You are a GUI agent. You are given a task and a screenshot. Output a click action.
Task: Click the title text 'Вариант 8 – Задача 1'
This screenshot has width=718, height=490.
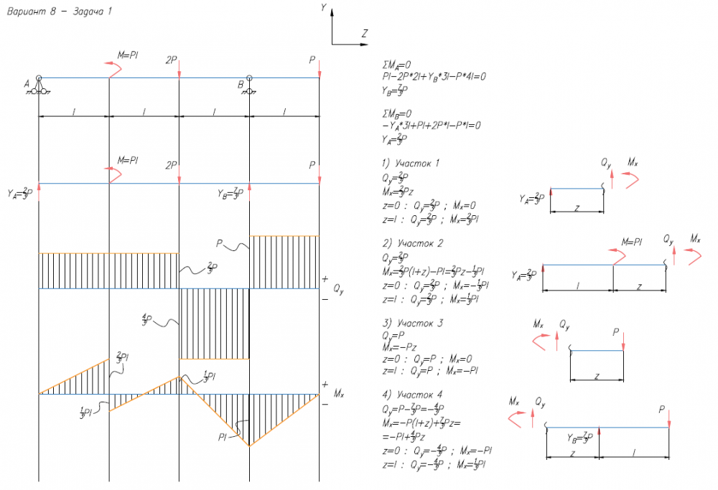point(58,12)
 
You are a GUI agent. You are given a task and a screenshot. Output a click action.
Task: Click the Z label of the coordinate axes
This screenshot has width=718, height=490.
point(365,33)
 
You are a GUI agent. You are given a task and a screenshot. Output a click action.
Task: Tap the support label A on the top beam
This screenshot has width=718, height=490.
point(27,84)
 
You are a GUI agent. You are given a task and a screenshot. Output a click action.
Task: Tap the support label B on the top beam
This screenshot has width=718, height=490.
point(240,84)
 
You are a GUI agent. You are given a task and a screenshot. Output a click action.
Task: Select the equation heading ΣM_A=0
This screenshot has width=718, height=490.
point(398,64)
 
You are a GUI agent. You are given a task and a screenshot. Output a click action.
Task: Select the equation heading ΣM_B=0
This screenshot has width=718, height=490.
point(398,113)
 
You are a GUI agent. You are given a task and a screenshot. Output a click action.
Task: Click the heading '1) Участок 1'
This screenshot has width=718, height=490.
point(411,163)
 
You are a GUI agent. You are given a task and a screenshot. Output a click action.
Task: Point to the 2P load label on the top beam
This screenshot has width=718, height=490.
point(171,60)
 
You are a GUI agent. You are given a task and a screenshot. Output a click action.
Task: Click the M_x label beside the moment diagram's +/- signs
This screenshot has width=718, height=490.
point(340,394)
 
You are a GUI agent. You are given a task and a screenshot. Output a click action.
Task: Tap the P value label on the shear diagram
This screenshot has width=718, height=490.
point(220,243)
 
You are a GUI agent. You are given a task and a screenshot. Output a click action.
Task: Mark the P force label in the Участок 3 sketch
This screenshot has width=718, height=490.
point(616,332)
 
